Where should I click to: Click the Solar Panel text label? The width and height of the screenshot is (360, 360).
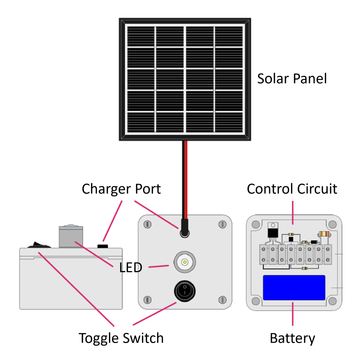pos(292,79)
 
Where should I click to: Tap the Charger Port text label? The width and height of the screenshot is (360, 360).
pos(121,189)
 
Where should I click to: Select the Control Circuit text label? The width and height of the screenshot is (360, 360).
pos(292,189)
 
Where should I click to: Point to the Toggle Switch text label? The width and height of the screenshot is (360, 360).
pos(121,338)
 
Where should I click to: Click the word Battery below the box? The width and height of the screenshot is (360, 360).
pos(292,338)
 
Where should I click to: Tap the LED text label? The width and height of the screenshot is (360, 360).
pos(131,267)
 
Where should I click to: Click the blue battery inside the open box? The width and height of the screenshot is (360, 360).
pos(294,287)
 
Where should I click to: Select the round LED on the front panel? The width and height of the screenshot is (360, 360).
pos(184,262)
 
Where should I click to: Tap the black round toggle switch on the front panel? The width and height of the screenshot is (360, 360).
pos(184,291)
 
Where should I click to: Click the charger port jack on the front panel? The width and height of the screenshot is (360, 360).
pos(184,232)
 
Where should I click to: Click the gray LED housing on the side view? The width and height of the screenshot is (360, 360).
pos(70,237)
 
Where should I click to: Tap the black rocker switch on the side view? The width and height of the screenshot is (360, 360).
pos(39,245)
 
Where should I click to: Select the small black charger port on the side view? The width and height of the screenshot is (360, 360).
pos(103,246)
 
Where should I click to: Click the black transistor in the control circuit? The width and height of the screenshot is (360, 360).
pos(273,232)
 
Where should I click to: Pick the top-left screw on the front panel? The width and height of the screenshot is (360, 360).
pos(148,225)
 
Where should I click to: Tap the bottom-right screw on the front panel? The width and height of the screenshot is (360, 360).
pos(222,300)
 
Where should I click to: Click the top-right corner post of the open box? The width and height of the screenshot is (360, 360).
pos(332,225)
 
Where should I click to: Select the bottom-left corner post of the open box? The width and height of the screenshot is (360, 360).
pos(255,301)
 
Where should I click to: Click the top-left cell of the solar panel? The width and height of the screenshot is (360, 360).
pos(140,36)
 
